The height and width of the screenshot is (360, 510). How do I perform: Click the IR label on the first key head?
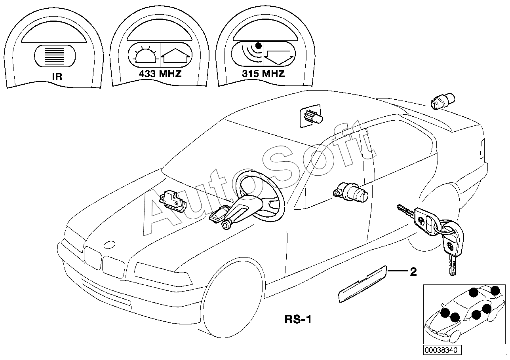pos(57,77)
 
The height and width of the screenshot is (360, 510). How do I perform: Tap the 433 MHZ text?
pos(160,74)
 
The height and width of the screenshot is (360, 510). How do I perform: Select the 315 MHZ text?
pos(263,74)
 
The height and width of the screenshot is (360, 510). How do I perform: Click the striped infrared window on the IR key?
pos(55,56)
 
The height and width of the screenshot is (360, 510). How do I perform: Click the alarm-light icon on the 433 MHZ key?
pos(146,55)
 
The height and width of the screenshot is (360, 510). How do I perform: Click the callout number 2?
pos(413,271)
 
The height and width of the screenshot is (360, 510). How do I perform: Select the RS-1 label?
pos(298,319)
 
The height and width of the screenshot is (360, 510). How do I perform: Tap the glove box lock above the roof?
pos(311,116)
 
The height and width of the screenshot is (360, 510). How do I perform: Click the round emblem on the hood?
pos(109,244)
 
